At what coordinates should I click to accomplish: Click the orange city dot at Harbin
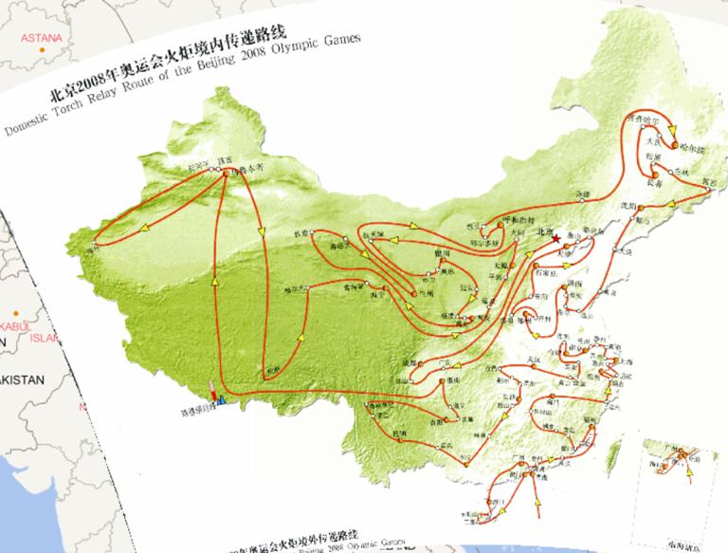click(675, 147)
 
